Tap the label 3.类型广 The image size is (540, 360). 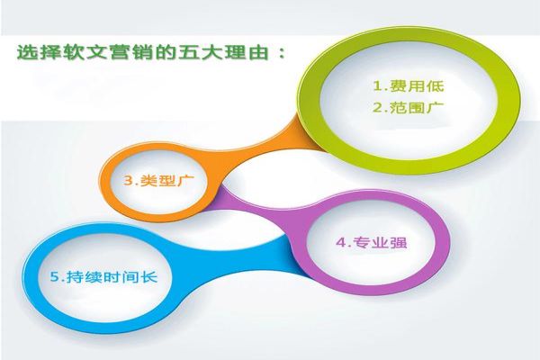point(159,181)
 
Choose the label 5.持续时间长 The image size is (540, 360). point(92,276)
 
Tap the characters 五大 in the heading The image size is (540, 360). point(202,51)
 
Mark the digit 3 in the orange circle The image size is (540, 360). point(128,181)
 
